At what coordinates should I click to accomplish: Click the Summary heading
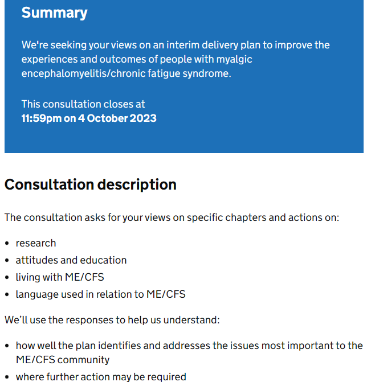54,13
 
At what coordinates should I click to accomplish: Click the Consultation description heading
90,184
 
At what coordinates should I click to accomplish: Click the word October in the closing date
108,118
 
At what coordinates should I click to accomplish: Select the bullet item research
36,243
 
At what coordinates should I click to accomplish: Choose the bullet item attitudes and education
71,260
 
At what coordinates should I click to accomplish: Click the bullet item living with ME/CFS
60,277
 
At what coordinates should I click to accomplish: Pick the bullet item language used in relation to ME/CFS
100,294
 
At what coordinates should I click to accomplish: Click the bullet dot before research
7,243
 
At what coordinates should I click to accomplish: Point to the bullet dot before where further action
7,377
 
